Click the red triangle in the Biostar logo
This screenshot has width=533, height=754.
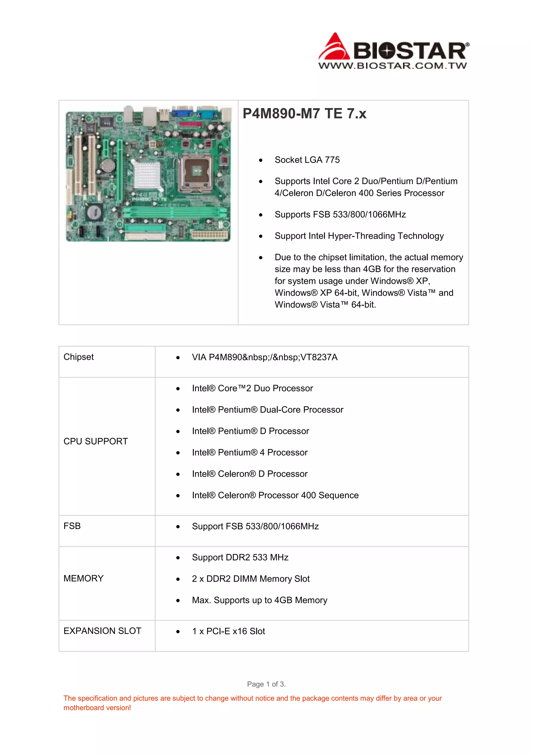(334, 48)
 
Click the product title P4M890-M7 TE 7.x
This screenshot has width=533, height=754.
(304, 114)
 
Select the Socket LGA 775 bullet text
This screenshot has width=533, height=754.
(307, 160)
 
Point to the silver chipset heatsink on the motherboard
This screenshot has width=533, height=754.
(147, 174)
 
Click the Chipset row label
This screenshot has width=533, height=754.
(78, 357)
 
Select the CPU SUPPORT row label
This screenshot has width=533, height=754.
(96, 441)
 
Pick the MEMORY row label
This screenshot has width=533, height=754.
(83, 578)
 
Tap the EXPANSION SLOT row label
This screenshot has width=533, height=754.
(102, 631)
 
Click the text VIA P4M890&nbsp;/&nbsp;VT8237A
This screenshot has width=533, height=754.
(264, 357)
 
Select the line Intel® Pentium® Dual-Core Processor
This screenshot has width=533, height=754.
(268, 410)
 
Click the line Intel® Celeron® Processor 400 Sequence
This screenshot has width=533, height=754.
(275, 495)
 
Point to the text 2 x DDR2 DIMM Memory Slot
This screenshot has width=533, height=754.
(251, 579)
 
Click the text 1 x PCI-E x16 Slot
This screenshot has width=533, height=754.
(229, 631)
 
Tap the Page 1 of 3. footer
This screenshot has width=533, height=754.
(266, 684)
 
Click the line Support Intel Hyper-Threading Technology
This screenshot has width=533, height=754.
(359, 236)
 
